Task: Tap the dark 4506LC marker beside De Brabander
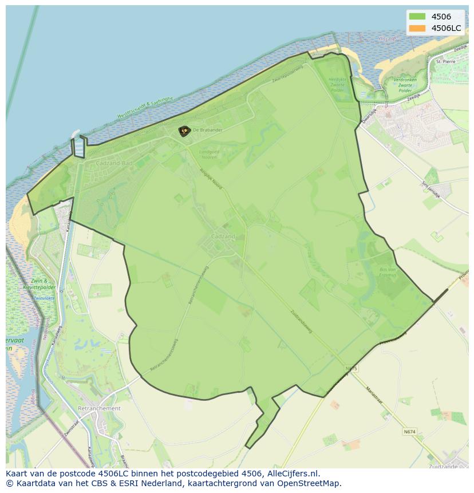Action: [x=184, y=131]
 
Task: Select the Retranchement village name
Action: [x=99, y=408]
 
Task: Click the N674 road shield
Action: [x=409, y=432]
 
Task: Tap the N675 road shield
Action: [x=351, y=369]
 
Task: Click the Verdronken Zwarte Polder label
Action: [x=405, y=85]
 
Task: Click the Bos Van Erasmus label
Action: [x=388, y=271]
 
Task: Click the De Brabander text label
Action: [x=207, y=130]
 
